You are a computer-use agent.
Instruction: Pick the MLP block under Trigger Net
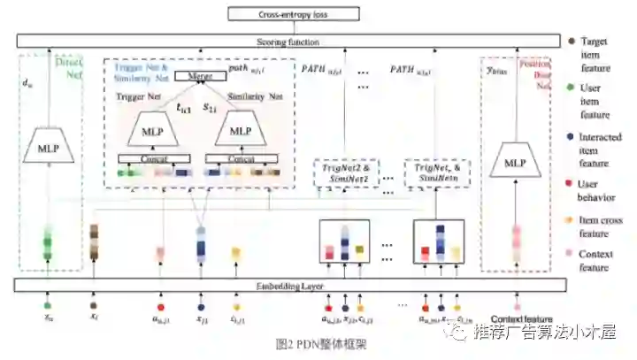[x=154, y=130]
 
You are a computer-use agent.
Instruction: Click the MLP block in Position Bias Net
[x=516, y=164]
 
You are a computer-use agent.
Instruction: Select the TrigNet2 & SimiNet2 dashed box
[x=347, y=172]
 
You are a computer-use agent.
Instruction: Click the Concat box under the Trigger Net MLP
[x=154, y=159]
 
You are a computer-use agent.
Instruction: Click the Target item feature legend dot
[x=574, y=42]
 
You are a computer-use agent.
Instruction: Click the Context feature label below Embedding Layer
[x=521, y=319]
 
